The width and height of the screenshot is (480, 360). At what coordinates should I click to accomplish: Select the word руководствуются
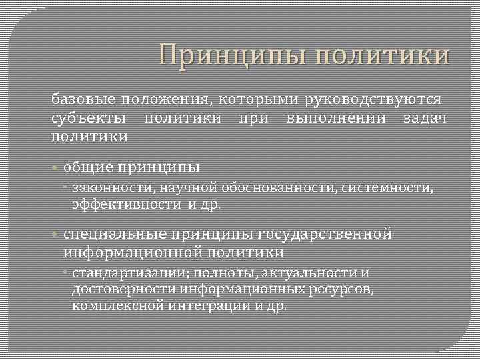point(373,99)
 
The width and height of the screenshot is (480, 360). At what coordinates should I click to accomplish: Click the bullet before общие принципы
point(56,166)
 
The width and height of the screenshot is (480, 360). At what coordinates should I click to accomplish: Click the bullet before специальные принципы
point(56,235)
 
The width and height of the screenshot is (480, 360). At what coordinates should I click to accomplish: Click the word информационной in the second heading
point(133,253)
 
